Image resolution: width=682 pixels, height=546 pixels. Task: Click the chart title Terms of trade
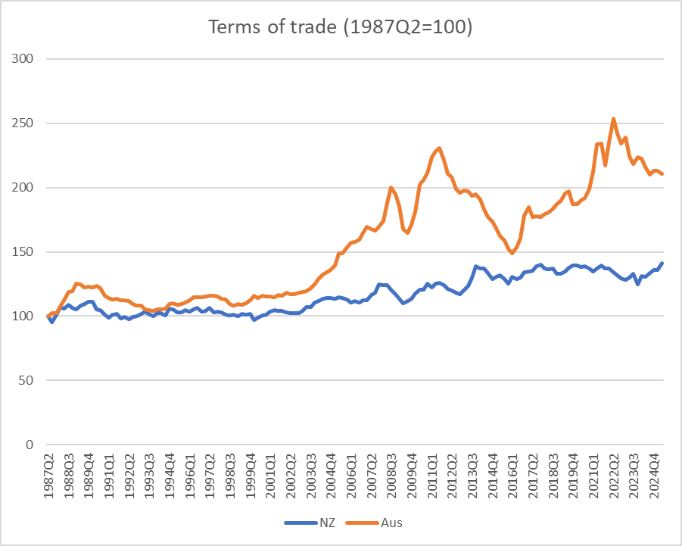341,27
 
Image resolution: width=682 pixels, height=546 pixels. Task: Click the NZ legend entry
317,522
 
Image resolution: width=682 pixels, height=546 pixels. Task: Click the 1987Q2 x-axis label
51,473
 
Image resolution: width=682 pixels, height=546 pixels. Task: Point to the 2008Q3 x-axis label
392,473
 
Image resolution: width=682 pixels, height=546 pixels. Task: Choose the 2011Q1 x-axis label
432,473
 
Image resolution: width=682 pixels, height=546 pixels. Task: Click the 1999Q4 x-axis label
251,473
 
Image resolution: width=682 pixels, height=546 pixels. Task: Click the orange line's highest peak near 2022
613,119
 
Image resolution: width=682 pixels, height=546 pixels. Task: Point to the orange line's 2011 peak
440,148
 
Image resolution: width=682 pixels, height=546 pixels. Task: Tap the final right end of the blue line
662,264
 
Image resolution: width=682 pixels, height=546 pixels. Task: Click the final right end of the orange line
662,174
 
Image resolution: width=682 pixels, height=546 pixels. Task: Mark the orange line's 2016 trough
512,254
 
